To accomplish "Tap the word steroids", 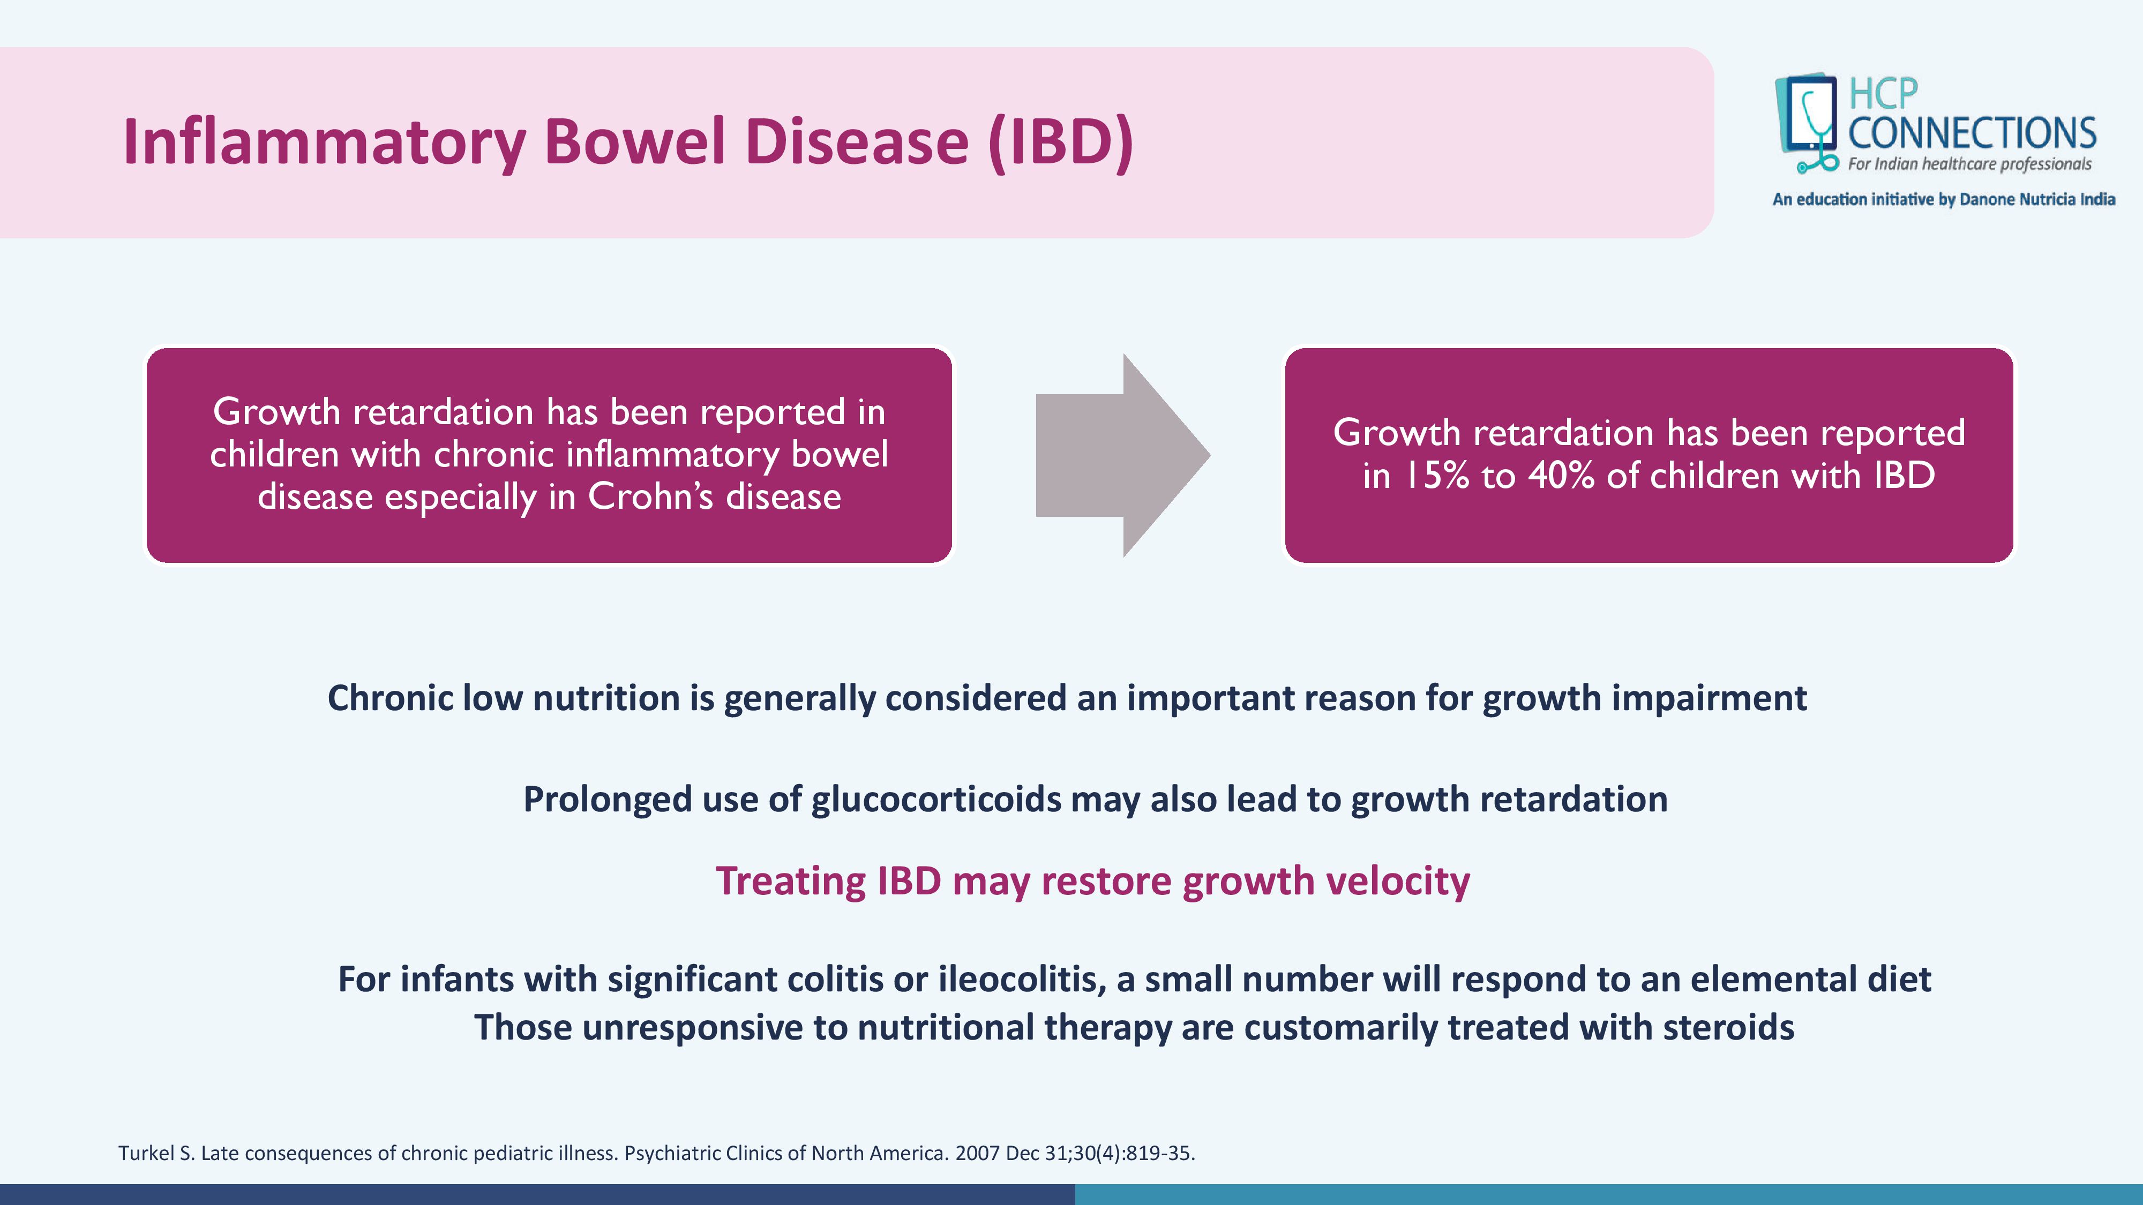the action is pyautogui.click(x=1729, y=1027).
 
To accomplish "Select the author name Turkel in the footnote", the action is pyautogui.click(x=146, y=1154).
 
